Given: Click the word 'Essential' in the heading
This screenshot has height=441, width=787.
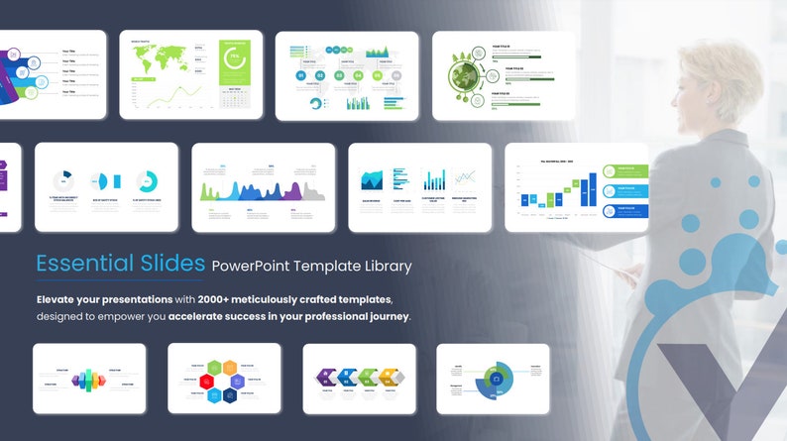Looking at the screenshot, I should tap(82, 264).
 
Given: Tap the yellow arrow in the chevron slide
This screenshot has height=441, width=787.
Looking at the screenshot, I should tap(392, 377).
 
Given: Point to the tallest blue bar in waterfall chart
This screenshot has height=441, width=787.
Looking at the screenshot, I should tap(593, 189).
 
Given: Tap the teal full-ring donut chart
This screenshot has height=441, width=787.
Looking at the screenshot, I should tap(147, 181).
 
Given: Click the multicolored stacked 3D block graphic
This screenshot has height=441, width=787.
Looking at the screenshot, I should tap(88, 379).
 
